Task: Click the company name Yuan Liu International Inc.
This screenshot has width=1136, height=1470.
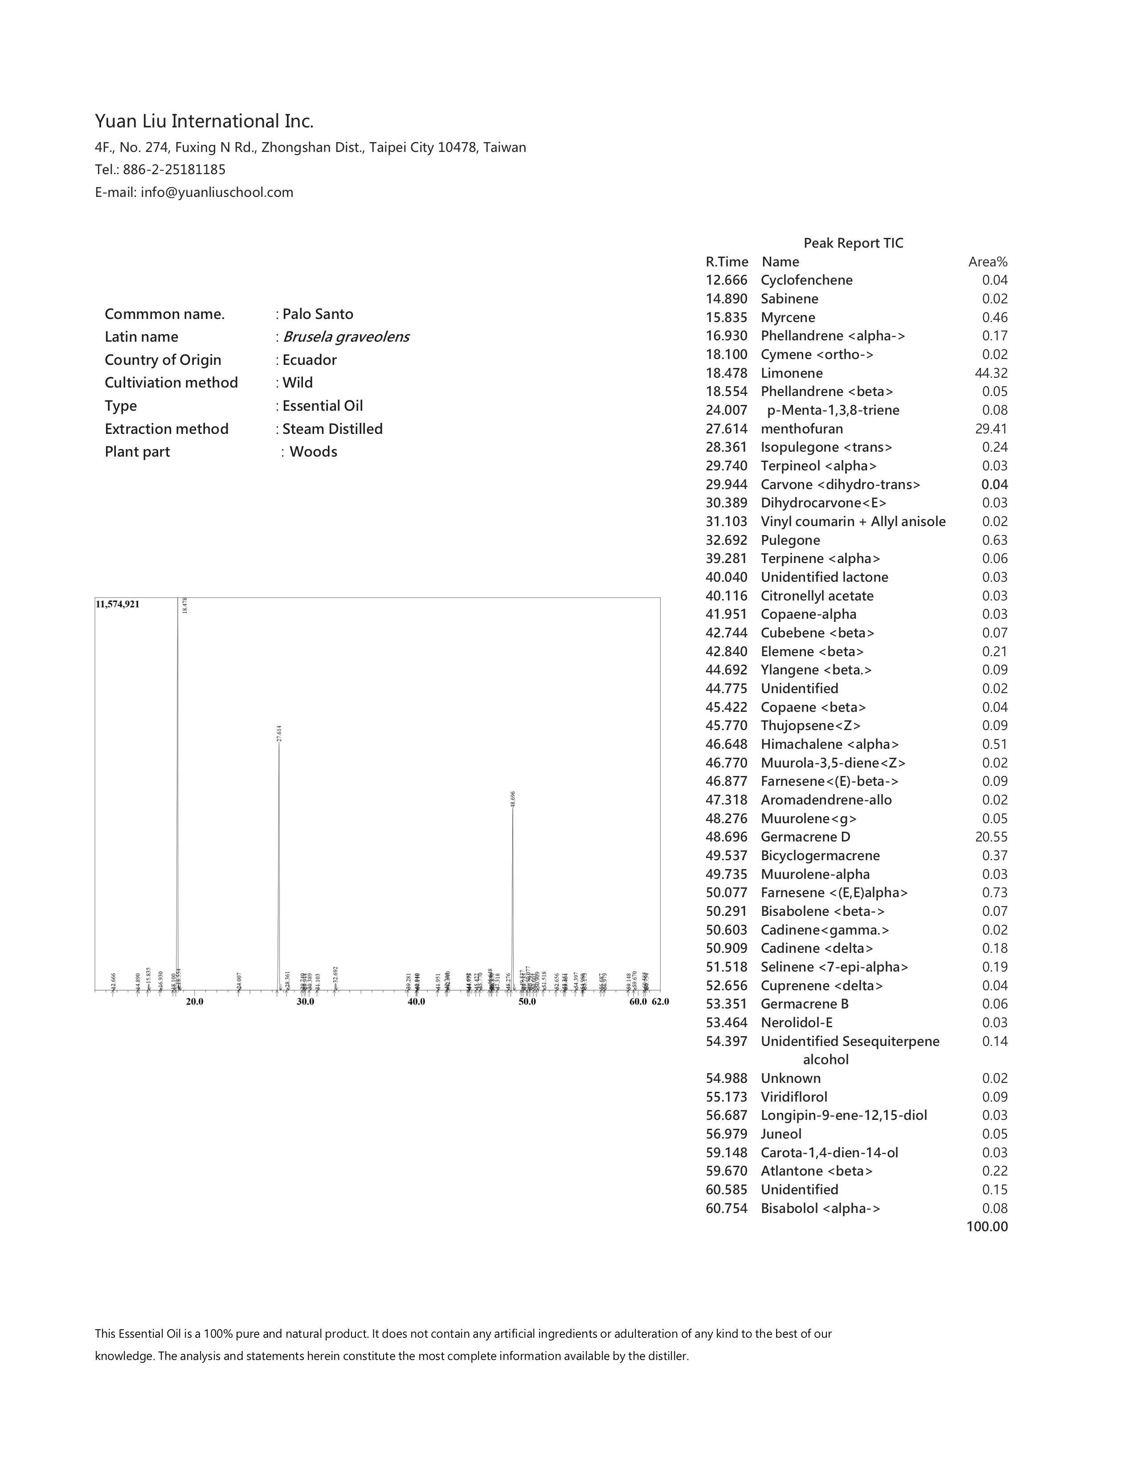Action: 204,121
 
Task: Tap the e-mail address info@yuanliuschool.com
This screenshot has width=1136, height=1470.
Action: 217,192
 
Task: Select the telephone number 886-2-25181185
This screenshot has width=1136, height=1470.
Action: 174,170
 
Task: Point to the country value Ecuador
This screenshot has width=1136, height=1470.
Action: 310,359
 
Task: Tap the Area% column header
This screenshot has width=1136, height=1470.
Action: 987,262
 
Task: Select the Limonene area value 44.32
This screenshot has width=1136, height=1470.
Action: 991,373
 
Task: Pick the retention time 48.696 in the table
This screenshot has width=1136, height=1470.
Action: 726,837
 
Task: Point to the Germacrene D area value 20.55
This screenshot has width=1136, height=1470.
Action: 991,837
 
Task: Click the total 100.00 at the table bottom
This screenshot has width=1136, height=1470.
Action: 987,1226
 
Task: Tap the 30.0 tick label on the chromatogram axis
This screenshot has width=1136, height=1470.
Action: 306,1001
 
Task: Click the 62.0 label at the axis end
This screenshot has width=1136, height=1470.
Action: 660,1001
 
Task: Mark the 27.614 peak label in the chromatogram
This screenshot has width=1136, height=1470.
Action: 279,733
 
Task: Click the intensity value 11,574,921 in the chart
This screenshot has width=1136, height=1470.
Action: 118,604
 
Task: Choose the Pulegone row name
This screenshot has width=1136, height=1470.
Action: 790,540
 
